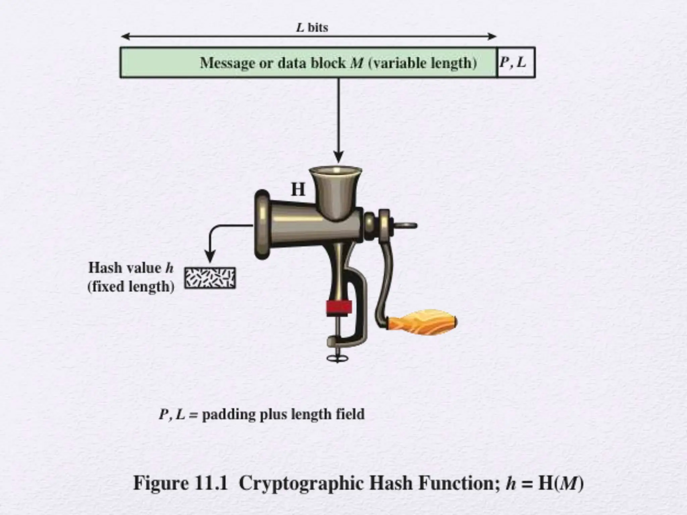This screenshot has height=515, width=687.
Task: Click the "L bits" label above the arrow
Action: [x=312, y=27]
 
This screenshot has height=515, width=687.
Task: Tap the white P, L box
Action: [x=516, y=63]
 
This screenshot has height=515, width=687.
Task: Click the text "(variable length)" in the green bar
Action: [x=422, y=63]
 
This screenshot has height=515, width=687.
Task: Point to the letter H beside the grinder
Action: [x=298, y=190]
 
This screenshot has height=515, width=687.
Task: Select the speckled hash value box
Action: [x=210, y=278]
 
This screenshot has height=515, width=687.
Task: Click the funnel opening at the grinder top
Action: [x=335, y=172]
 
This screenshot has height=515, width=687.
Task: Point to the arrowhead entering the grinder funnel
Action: [x=338, y=157]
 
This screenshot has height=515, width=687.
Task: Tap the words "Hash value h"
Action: [x=131, y=268]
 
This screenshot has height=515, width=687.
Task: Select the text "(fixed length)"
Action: [x=131, y=287]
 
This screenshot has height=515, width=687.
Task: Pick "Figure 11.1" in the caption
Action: [x=180, y=483]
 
